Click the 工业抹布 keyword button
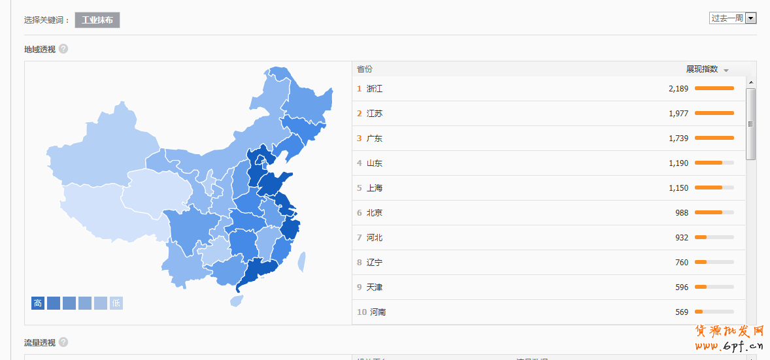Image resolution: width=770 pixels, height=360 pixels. (x=97, y=20)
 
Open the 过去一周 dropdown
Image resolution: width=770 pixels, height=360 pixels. (x=732, y=18)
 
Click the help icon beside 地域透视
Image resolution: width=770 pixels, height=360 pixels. (x=63, y=49)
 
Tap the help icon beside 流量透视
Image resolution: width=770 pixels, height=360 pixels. (x=63, y=342)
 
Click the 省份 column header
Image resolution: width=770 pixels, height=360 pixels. (x=365, y=69)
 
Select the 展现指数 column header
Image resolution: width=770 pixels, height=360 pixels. (x=702, y=69)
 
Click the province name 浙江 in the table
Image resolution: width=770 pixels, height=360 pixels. (x=375, y=89)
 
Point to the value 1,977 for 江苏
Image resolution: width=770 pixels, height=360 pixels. (x=678, y=114)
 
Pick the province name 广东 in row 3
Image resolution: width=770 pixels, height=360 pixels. (x=375, y=139)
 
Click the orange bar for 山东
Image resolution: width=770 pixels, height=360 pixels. (x=709, y=163)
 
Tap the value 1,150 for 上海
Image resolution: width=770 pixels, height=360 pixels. (x=678, y=188)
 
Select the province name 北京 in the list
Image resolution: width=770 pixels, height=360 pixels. (x=375, y=213)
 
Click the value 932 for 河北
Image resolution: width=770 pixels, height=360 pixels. (x=682, y=238)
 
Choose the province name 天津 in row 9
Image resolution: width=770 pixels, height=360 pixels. (x=375, y=287)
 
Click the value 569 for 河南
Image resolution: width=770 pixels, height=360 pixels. (x=682, y=312)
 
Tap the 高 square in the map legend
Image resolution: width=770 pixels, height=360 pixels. (x=38, y=303)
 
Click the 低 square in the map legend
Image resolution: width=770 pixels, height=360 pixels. (x=116, y=303)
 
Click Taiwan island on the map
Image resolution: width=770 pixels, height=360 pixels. (x=302, y=262)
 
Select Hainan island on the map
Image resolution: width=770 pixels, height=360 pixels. (x=237, y=301)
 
